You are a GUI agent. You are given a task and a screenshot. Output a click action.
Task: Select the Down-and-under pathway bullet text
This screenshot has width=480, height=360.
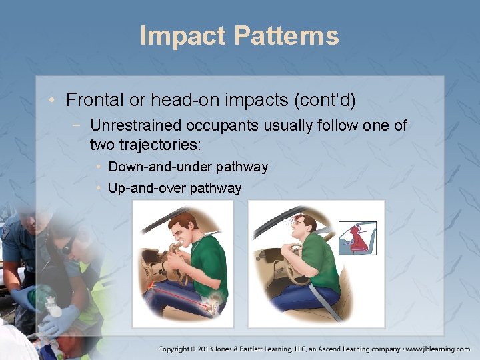tap(187, 167)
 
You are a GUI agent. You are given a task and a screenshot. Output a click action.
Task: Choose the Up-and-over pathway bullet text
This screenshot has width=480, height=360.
tap(174, 188)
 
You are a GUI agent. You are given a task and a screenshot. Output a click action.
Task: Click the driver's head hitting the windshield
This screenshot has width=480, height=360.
tap(303, 223)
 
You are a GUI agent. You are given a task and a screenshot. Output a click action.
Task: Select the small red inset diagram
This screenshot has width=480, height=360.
tap(357, 238)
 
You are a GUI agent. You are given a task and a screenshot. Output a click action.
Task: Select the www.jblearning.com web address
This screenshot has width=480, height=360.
tap(439, 349)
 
